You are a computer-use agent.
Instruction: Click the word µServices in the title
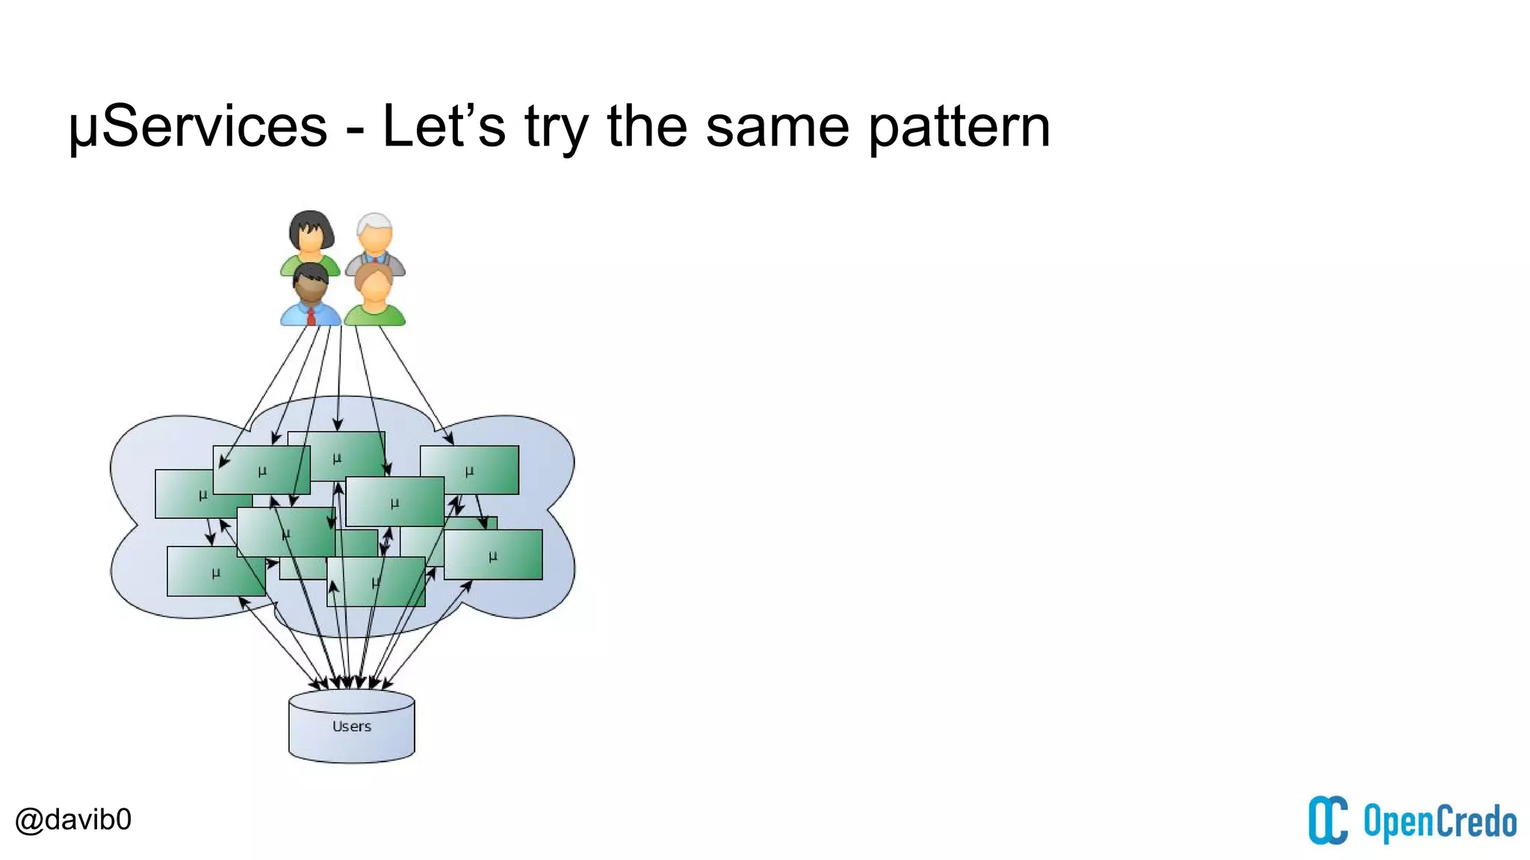click(198, 127)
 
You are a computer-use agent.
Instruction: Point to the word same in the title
click(777, 127)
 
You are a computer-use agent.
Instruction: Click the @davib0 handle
click(73, 820)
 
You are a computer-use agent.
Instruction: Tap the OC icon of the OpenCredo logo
click(1328, 820)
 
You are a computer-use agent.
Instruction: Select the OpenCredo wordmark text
click(1440, 822)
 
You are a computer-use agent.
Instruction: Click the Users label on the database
click(351, 726)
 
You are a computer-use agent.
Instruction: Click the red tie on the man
click(312, 316)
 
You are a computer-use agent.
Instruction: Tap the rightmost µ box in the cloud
click(494, 555)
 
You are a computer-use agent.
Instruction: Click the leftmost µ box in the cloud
click(183, 494)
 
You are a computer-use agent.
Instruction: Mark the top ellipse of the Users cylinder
click(351, 699)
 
